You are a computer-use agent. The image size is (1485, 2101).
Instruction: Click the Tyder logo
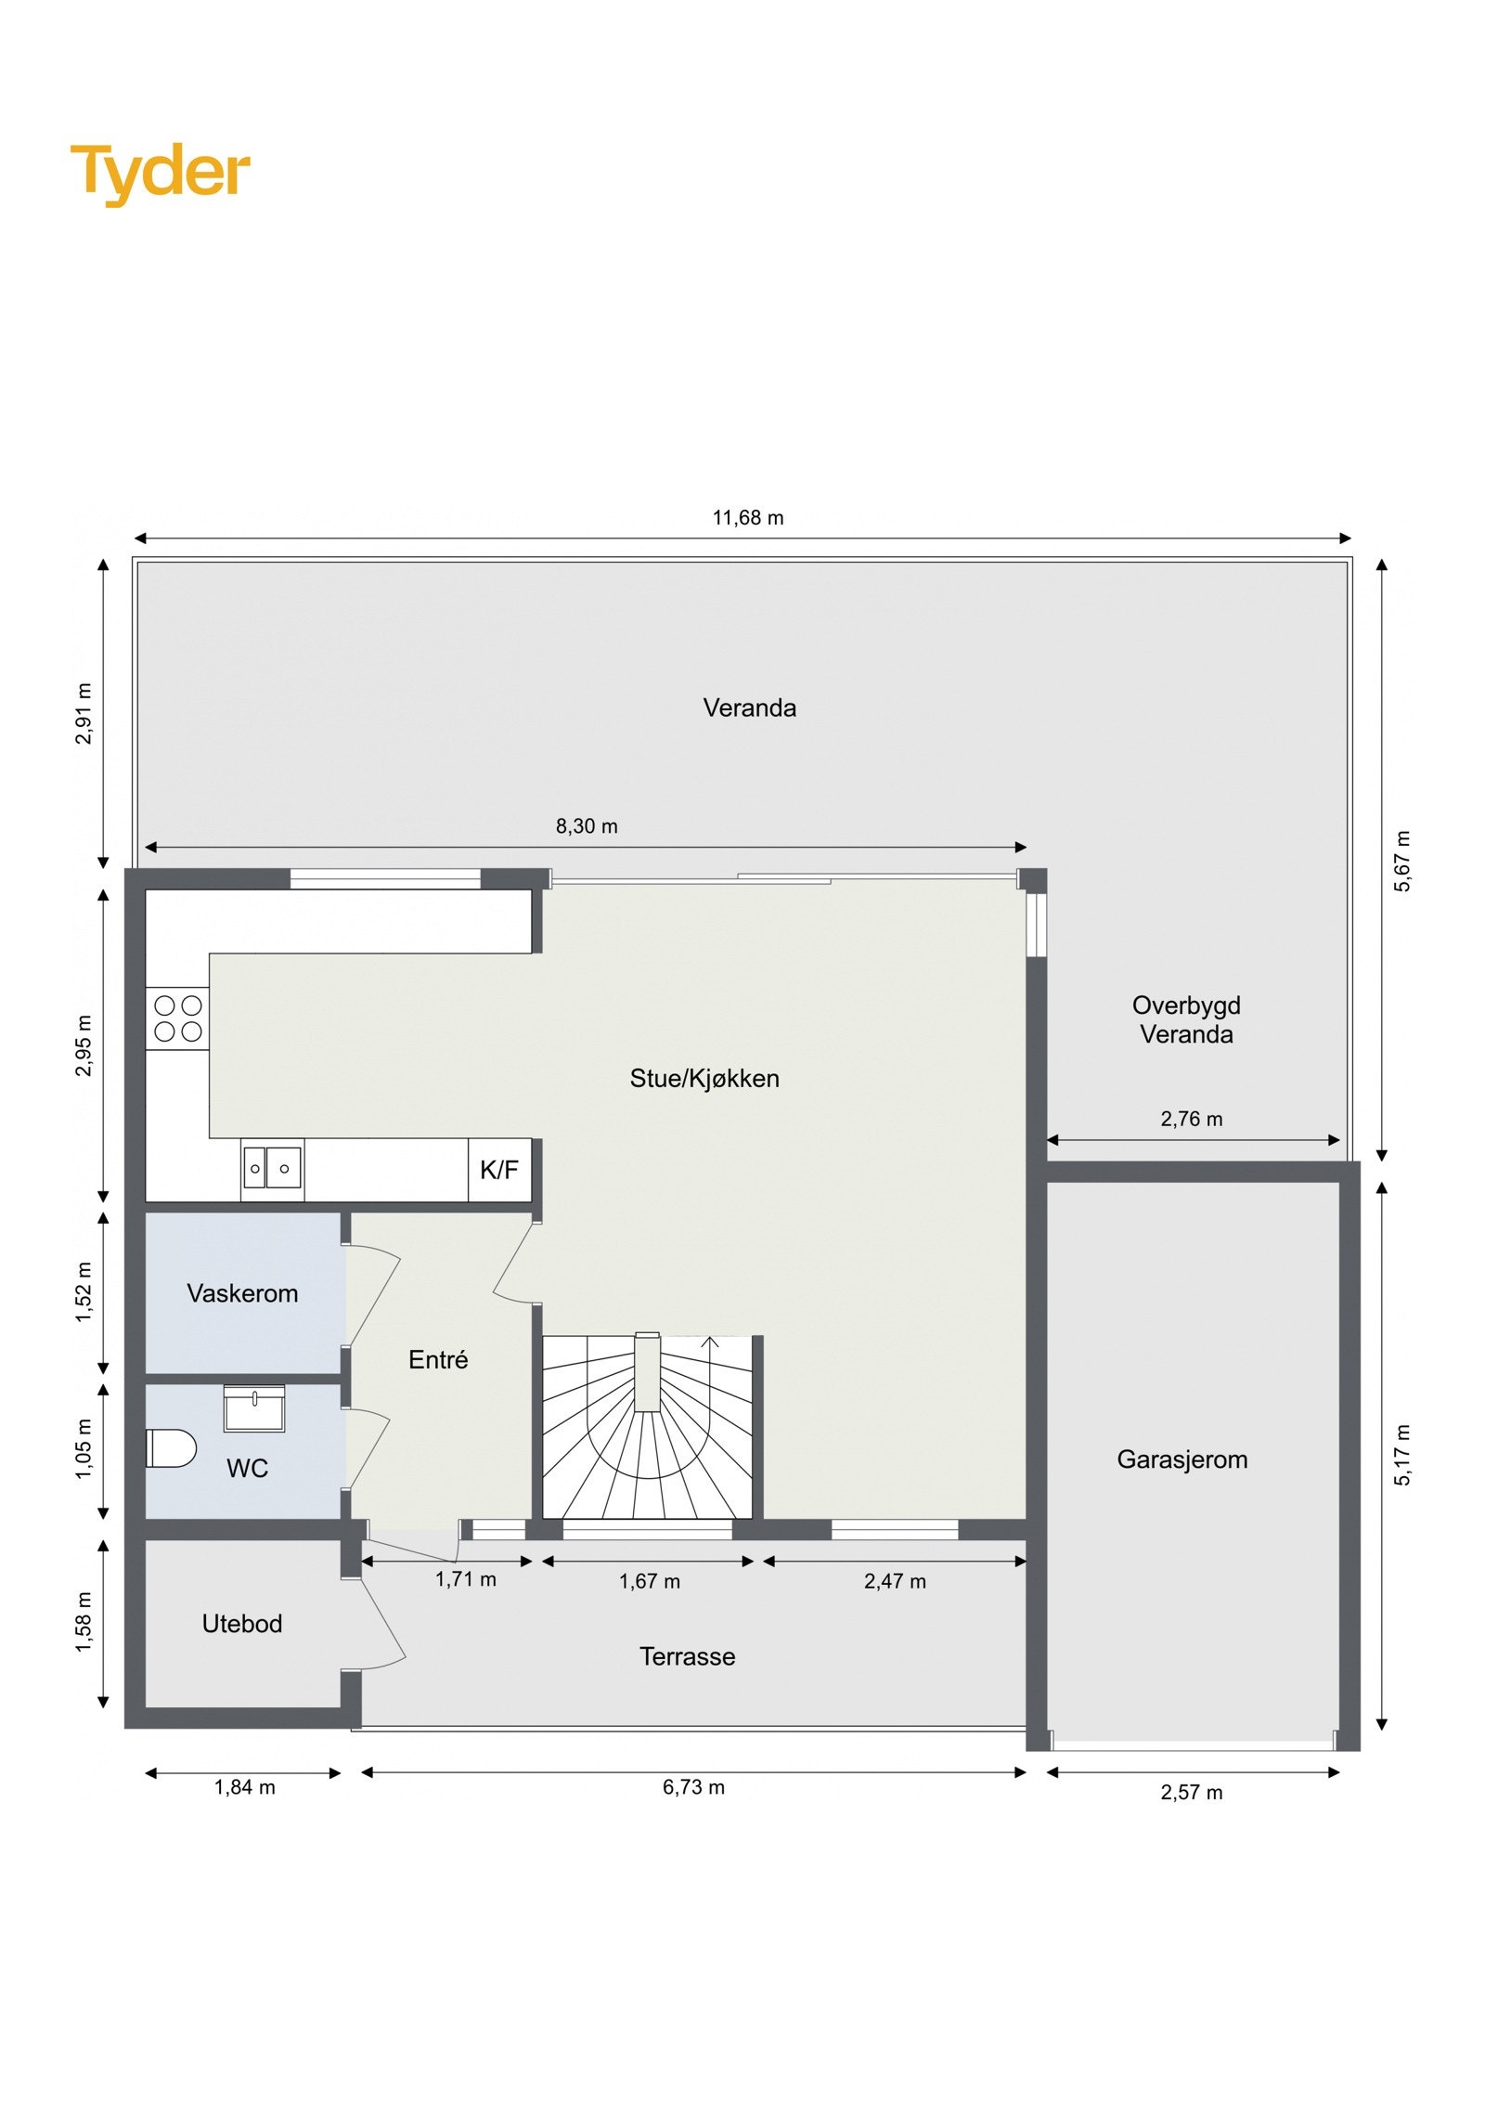(160, 173)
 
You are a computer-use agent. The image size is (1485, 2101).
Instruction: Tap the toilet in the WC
(172, 1447)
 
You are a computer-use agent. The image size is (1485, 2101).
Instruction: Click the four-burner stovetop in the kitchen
(178, 1018)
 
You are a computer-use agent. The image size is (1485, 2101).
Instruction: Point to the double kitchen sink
(271, 1168)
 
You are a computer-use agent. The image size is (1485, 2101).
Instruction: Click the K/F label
(498, 1170)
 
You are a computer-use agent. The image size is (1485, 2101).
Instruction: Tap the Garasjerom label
(1182, 1459)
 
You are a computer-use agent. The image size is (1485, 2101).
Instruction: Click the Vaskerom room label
(242, 1293)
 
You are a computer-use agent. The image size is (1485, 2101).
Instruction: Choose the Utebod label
(242, 1624)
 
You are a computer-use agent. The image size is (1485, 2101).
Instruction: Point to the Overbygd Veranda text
(1186, 1019)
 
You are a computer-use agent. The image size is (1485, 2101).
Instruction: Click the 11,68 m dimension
(748, 518)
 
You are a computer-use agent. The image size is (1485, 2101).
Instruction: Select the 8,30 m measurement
(587, 826)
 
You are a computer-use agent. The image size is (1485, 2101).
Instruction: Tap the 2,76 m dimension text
(1192, 1120)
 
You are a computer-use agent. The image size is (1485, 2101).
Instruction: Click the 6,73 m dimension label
(693, 1788)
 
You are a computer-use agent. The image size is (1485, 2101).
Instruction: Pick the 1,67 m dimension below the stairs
(650, 1582)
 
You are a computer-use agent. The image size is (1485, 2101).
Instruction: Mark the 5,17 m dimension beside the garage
(1402, 1455)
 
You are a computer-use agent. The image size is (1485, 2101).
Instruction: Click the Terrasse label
(688, 1656)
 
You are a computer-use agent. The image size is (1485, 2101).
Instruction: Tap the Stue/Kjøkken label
(704, 1079)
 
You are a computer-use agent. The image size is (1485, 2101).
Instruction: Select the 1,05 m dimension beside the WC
(84, 1449)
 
